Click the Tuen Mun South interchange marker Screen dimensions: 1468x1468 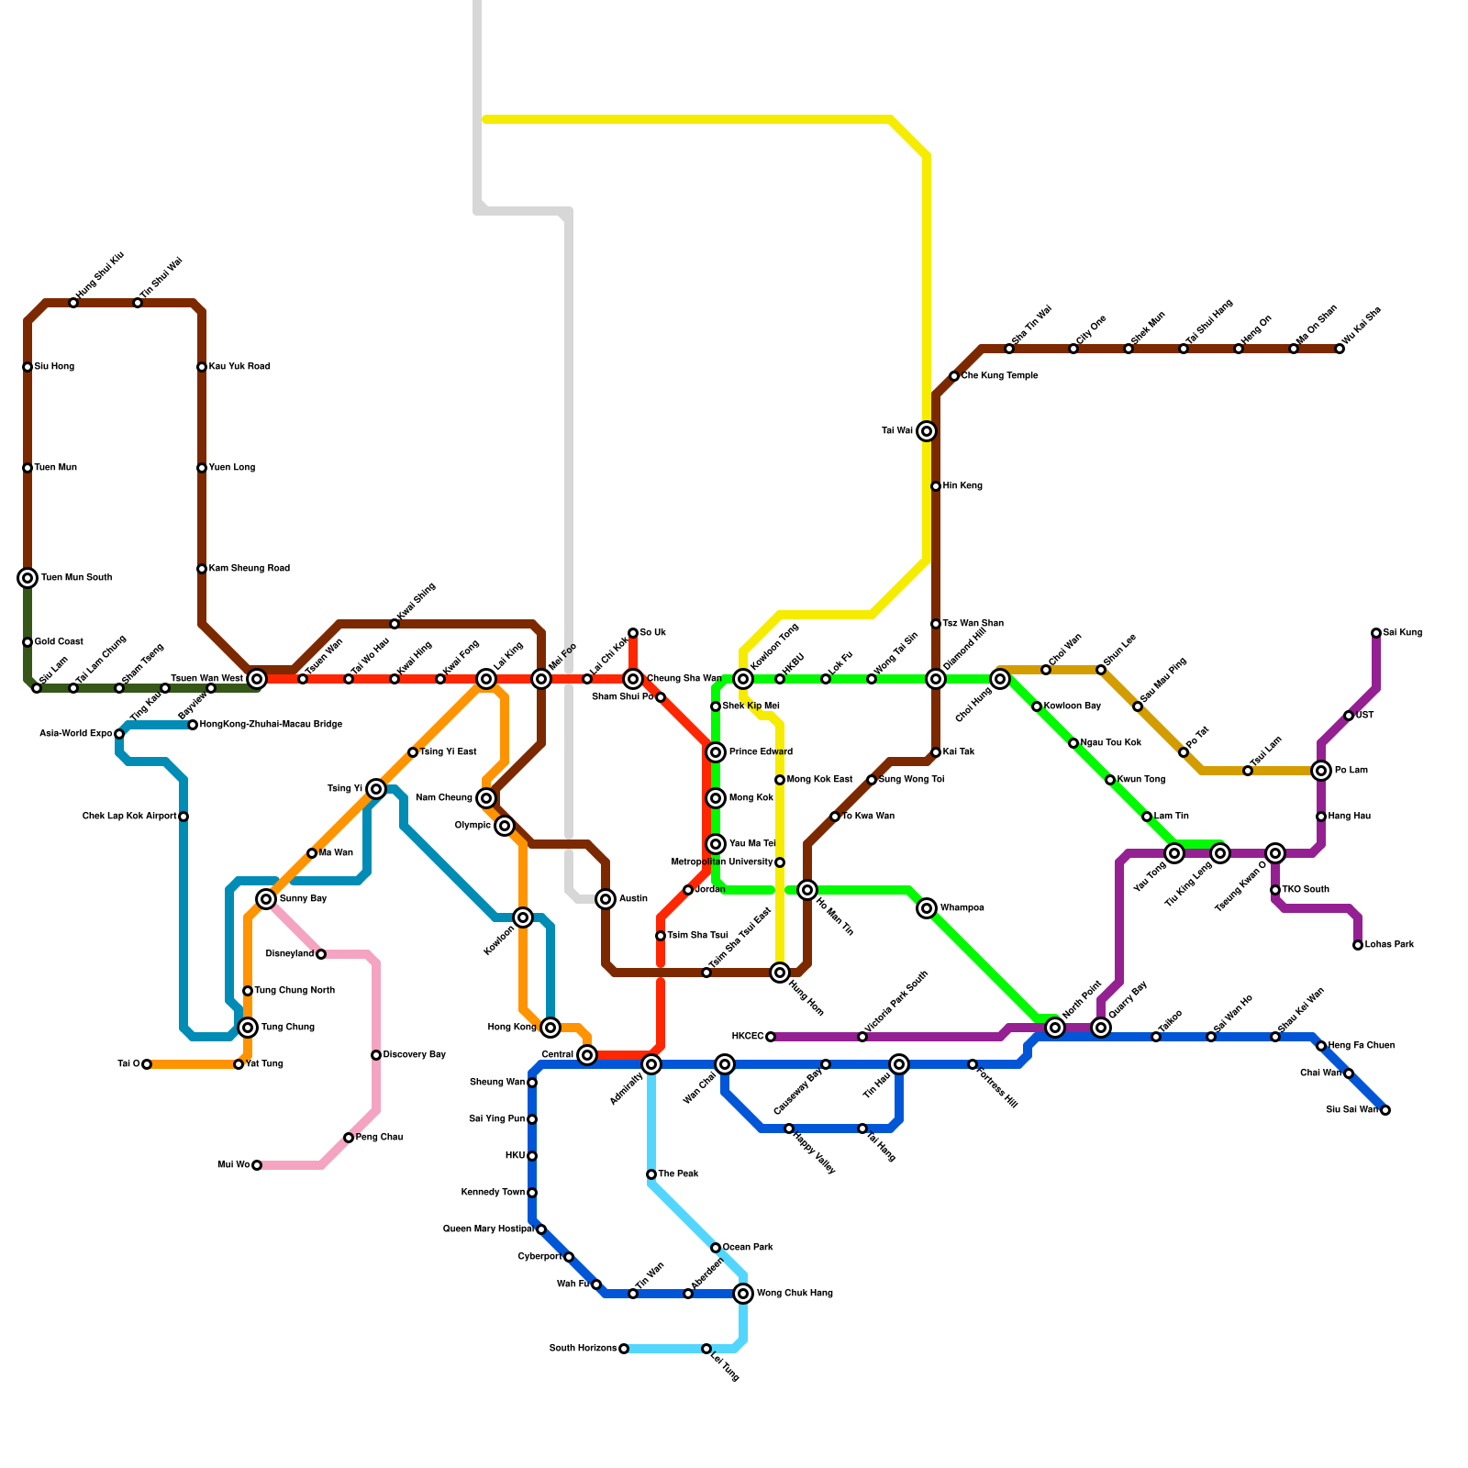point(28,578)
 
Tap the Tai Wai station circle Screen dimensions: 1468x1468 point(927,431)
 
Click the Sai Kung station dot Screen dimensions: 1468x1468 point(1376,633)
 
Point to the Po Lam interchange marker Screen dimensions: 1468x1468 point(1321,771)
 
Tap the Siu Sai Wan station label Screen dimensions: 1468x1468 point(1351,1110)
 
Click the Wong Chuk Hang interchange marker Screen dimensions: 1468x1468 point(743,1294)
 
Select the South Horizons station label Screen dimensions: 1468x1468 point(583,1349)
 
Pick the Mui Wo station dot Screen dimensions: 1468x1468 point(257,1165)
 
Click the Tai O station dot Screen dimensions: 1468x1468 point(147,1064)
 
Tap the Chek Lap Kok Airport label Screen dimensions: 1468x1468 point(129,817)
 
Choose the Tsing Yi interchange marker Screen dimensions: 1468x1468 point(376,789)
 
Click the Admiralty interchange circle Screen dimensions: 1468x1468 point(651,1064)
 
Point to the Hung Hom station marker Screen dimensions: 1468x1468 point(780,973)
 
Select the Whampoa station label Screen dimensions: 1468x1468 point(962,908)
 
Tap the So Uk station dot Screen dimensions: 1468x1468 point(633,633)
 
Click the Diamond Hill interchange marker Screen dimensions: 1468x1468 point(936,679)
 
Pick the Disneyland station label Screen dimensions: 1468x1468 point(290,954)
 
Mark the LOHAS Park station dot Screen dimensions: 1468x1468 point(1358,945)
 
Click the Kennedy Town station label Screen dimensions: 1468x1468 point(493,1193)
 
